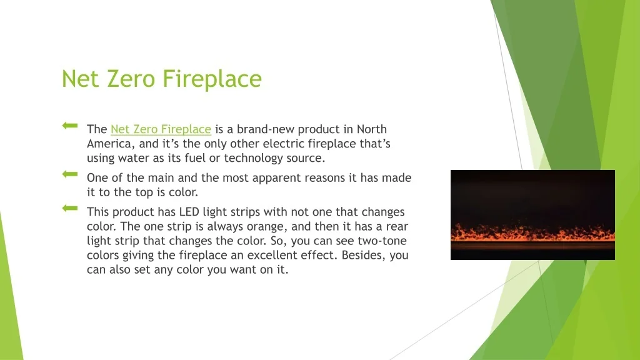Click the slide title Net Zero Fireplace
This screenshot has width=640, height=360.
[x=161, y=79]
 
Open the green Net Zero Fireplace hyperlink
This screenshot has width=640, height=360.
[x=161, y=129]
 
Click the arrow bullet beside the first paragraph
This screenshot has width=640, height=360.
[x=69, y=126]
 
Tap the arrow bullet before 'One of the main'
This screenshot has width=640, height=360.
[x=69, y=174]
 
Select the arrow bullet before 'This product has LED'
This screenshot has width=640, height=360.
[x=69, y=207]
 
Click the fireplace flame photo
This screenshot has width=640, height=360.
[x=532, y=215]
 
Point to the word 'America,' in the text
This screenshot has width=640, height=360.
[x=111, y=144]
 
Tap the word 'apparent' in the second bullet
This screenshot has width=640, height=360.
[x=277, y=177]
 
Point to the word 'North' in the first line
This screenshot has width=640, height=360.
[x=372, y=129]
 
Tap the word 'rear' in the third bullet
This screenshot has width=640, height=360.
[x=397, y=226]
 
